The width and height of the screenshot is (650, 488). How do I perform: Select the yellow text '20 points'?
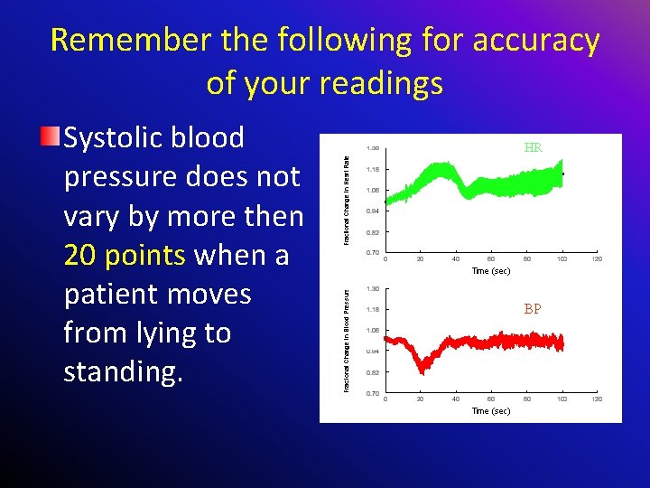[x=125, y=256]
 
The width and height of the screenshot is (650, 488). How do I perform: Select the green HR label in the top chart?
[x=533, y=148]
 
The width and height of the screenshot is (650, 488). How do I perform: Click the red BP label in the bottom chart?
[x=533, y=309]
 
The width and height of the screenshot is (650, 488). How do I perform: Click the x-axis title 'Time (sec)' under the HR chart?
[x=490, y=271]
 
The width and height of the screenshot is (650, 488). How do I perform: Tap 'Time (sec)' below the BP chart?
[x=490, y=411]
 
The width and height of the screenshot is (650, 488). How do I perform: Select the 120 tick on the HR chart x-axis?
[x=597, y=260]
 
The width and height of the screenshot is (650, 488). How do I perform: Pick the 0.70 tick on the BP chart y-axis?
[x=372, y=393]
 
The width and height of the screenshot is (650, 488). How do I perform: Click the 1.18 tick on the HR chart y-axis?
[x=372, y=169]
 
